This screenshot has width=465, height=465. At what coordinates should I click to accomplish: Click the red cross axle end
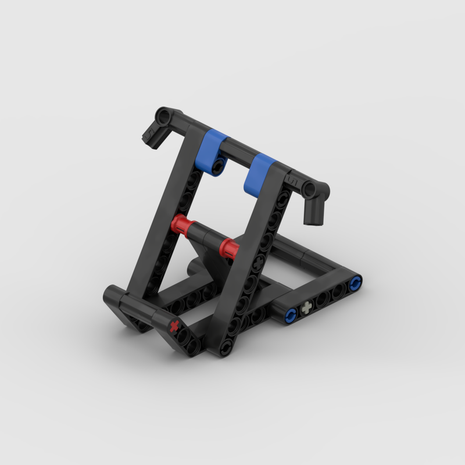174,326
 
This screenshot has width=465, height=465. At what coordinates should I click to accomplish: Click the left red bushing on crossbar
181,224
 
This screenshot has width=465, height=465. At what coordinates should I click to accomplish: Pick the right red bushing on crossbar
228,248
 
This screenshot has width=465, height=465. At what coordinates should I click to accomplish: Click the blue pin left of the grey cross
291,316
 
